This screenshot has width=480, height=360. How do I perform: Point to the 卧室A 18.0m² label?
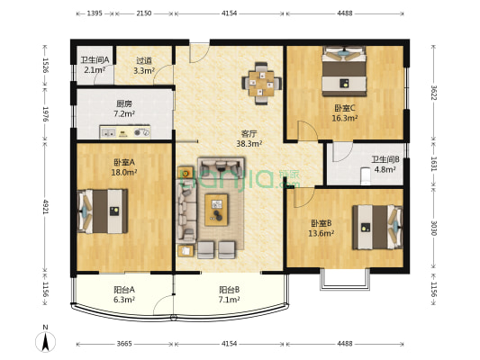pos(124,167)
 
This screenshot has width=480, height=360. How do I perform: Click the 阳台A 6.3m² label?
pos(124,294)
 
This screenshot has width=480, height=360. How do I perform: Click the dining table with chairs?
pos(261,82)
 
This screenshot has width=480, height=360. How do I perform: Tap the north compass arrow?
pos(42,340)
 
